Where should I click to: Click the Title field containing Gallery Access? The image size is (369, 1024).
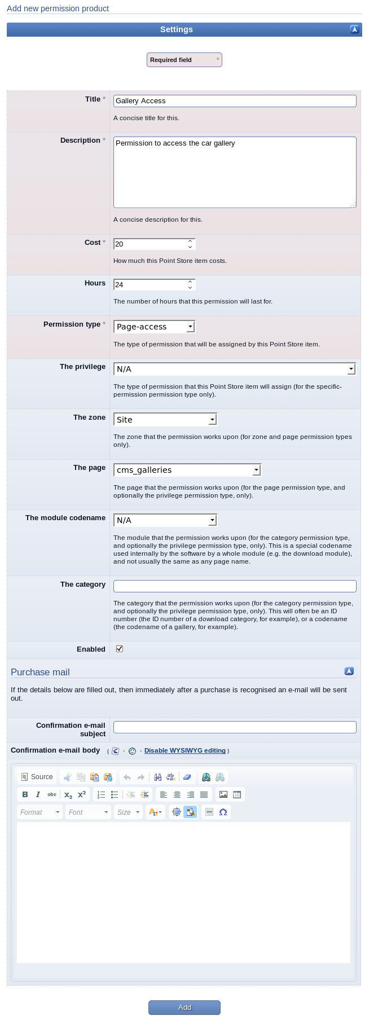[235, 101]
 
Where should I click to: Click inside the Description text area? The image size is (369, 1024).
[235, 172]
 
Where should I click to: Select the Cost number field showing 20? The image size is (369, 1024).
[151, 244]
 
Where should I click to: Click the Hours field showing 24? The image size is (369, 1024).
[151, 285]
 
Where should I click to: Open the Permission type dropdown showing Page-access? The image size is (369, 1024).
[155, 327]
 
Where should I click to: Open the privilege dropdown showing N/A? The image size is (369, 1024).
[235, 369]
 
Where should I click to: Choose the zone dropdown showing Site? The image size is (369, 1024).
[165, 420]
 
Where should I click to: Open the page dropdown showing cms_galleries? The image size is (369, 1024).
[187, 470]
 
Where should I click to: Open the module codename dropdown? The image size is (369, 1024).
[165, 520]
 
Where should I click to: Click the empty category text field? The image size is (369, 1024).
[235, 586]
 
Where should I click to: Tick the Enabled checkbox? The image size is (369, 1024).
[120, 649]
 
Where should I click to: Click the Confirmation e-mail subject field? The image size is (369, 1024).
[235, 727]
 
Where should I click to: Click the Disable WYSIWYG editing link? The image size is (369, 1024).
[185, 750]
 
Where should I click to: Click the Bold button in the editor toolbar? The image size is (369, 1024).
[25, 794]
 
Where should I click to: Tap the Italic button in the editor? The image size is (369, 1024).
[38, 794]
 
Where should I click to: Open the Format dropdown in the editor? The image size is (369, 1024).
[39, 812]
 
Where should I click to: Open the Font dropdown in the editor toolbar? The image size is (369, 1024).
[88, 812]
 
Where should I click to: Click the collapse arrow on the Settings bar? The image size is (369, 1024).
[354, 30]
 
